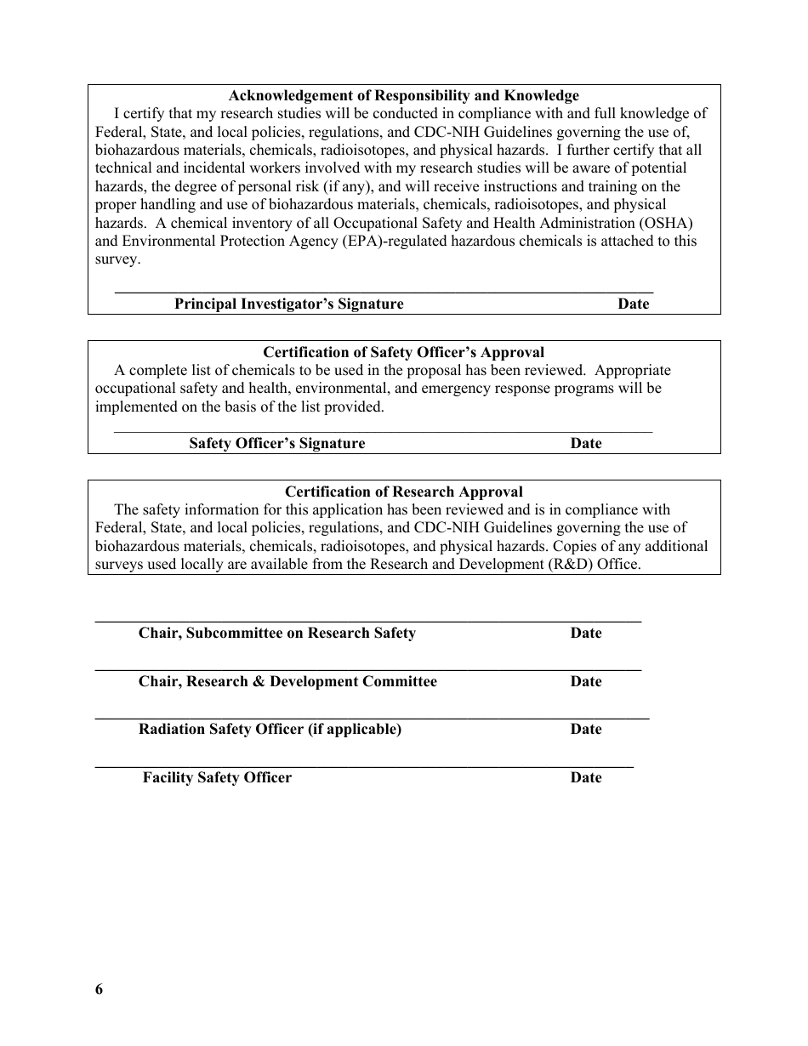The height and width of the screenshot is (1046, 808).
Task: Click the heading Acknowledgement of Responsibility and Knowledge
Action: (x=403, y=95)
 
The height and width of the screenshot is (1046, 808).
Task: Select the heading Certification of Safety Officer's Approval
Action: (x=403, y=352)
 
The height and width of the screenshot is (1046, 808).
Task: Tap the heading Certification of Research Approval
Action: (x=403, y=492)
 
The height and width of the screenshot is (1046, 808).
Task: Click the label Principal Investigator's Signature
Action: (x=289, y=304)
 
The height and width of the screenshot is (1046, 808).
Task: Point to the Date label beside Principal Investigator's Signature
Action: (x=633, y=304)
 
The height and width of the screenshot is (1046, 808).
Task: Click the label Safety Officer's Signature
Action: (x=276, y=443)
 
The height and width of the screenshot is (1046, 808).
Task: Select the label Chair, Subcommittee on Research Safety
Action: (x=277, y=633)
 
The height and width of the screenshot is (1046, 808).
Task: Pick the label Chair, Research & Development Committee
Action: (x=287, y=681)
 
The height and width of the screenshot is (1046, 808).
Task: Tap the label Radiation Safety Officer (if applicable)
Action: (x=270, y=729)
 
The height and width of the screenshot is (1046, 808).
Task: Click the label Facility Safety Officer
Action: (x=217, y=777)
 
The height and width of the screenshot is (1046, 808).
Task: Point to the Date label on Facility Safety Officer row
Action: (x=585, y=777)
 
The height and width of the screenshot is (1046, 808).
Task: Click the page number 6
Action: (x=99, y=989)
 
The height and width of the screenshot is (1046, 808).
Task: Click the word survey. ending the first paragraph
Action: (x=117, y=259)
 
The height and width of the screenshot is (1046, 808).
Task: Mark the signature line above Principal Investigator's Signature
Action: (x=383, y=292)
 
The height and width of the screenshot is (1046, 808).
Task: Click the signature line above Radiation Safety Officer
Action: (x=372, y=719)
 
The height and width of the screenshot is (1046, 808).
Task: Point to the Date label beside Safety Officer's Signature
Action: (x=585, y=443)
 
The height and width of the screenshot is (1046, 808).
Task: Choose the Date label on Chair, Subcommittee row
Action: (x=585, y=633)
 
